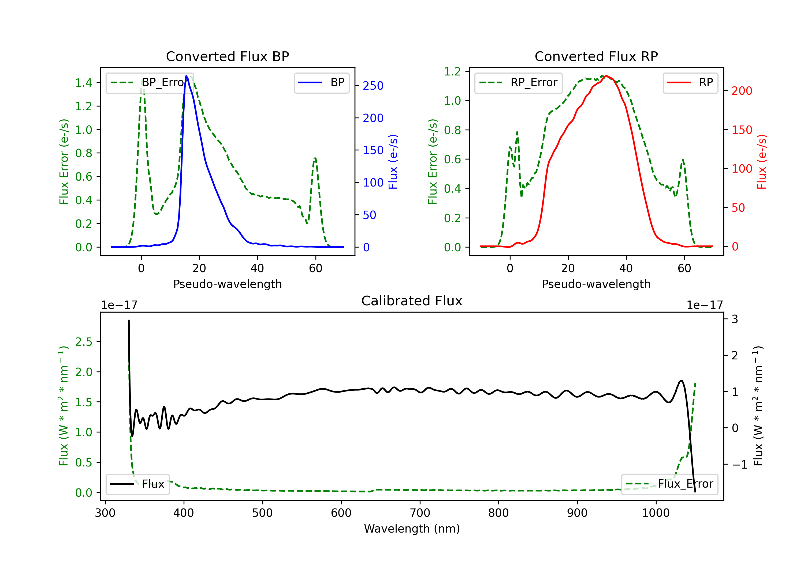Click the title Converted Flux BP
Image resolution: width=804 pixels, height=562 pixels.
(227, 56)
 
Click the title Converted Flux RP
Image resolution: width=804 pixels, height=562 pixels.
(596, 56)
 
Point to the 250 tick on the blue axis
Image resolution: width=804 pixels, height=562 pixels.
(373, 86)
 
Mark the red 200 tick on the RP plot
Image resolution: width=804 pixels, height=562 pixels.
(742, 91)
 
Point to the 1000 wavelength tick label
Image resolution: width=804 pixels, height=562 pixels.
(656, 513)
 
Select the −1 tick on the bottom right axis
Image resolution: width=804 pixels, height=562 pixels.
(739, 464)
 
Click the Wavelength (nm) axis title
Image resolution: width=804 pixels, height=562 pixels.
(412, 529)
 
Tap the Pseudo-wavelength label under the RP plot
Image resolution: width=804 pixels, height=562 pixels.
(596, 284)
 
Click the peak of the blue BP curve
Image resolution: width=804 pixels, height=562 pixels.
(186, 76)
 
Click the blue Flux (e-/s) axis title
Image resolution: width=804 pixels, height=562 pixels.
(393, 162)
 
